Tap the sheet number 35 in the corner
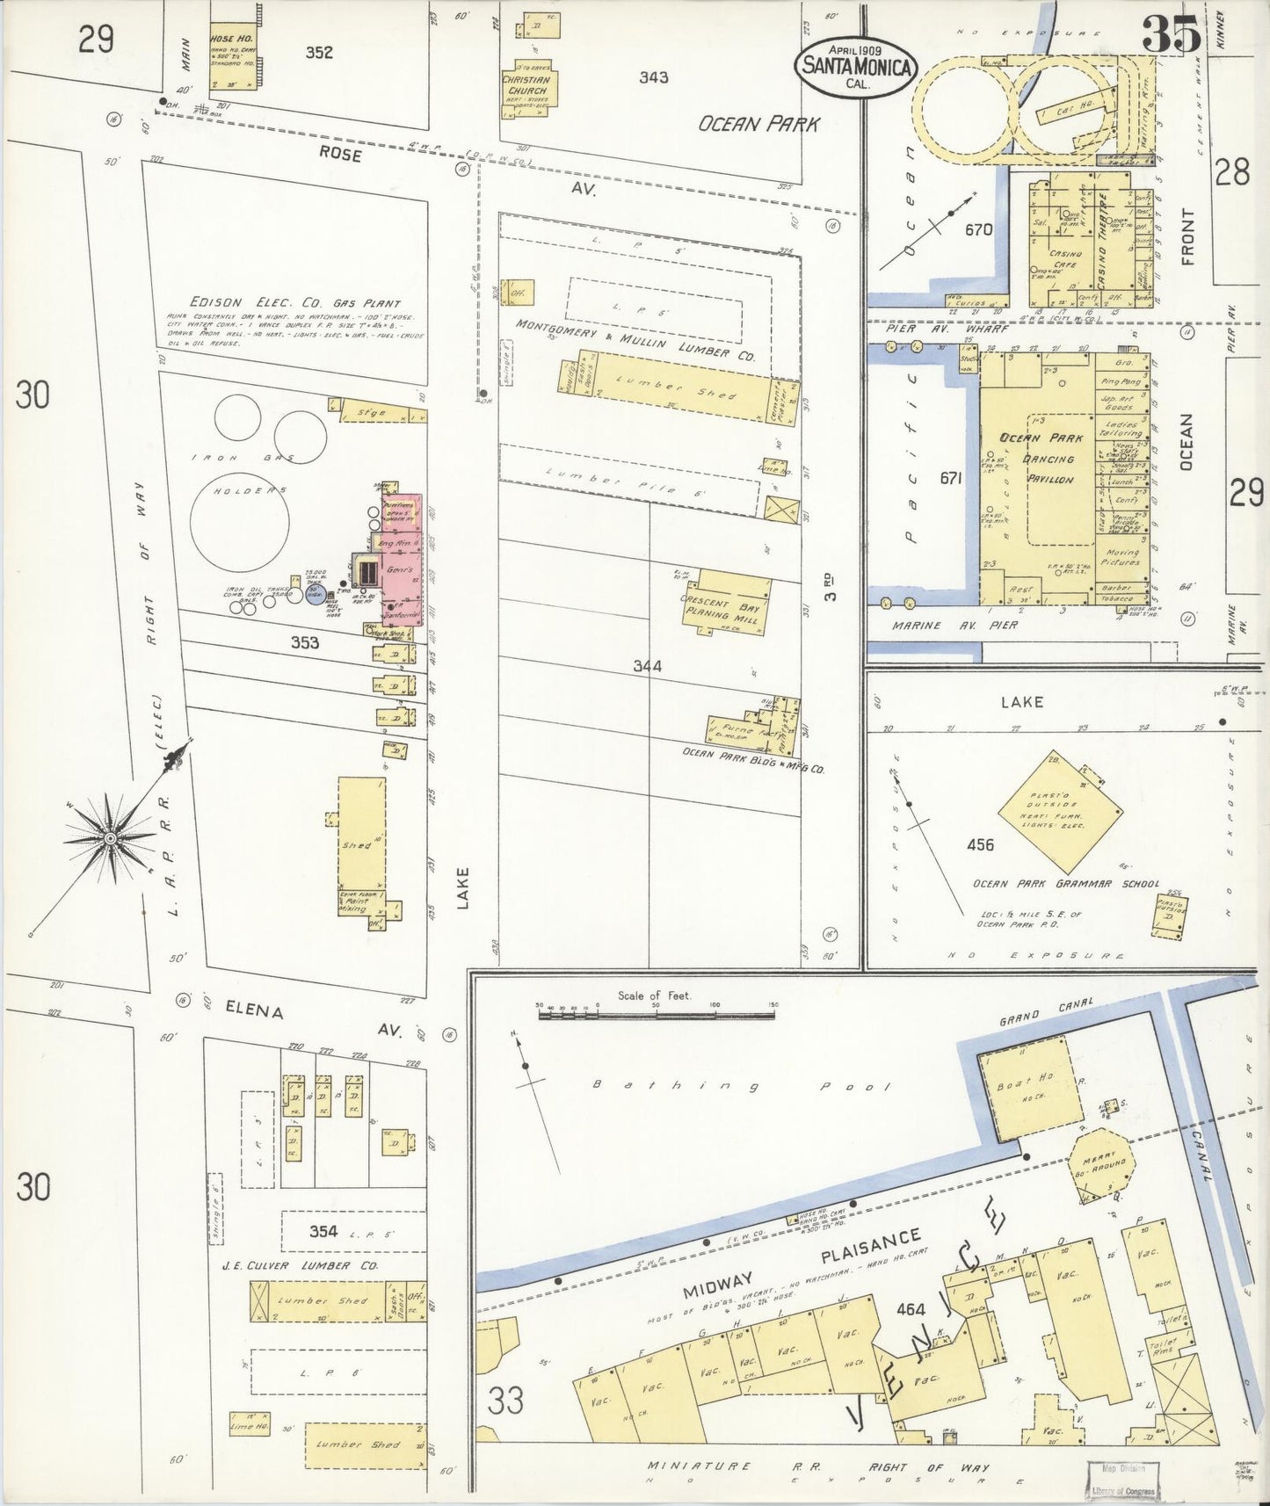pos(1172,35)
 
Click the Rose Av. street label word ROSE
pos(340,154)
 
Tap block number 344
pos(647,666)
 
